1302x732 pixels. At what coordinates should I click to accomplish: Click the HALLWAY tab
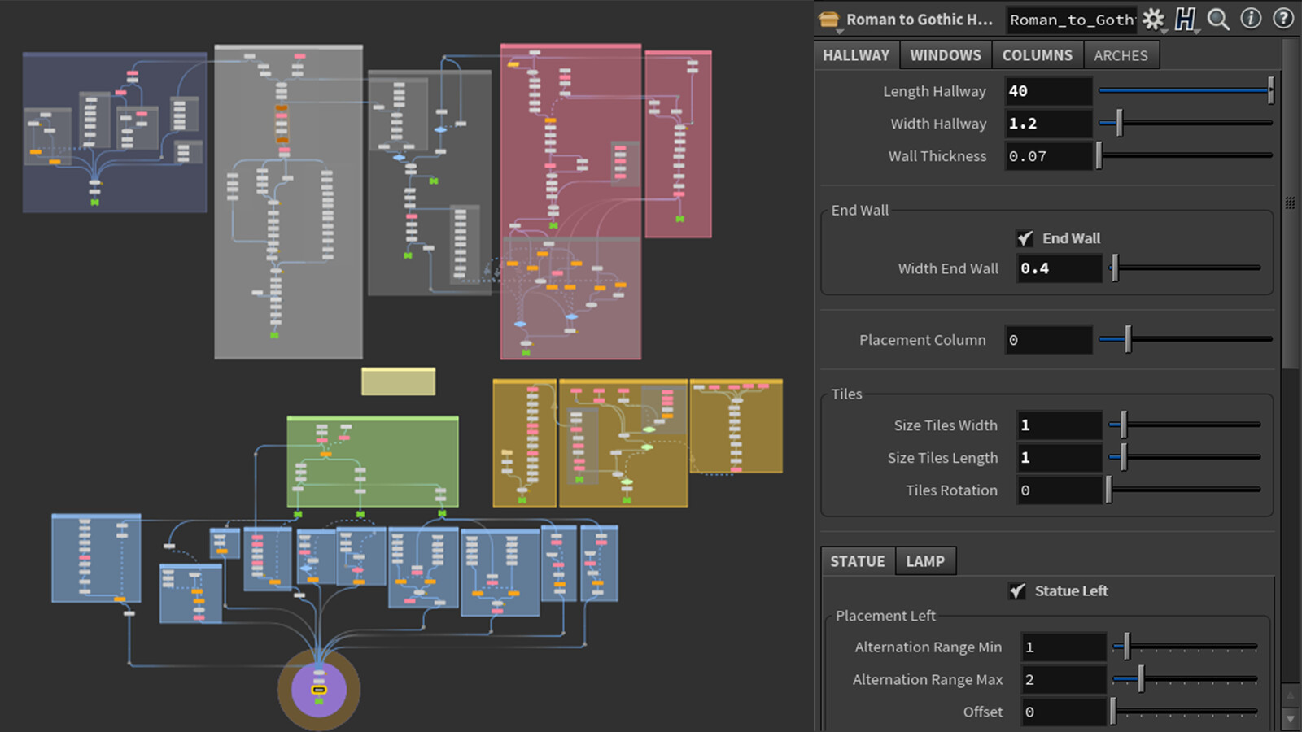click(856, 55)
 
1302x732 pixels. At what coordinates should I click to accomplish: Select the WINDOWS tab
click(945, 55)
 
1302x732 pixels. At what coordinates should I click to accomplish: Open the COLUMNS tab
click(1037, 55)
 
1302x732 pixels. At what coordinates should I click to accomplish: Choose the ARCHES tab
click(1121, 55)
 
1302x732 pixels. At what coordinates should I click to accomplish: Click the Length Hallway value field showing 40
click(1048, 91)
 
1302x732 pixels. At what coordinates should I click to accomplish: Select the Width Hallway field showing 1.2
click(1048, 124)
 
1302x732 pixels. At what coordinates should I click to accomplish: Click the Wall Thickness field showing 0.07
click(1048, 156)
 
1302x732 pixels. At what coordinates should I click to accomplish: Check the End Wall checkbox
click(1025, 238)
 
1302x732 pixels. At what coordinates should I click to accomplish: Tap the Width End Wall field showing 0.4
click(1059, 268)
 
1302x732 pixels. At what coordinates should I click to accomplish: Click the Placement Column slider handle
click(1128, 339)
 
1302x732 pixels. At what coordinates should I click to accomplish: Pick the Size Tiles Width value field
click(1059, 425)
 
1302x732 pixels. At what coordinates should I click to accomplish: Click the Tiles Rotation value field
click(1059, 490)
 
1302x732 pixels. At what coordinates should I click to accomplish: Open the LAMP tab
click(925, 561)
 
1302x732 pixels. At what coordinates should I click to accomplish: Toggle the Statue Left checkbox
click(1017, 590)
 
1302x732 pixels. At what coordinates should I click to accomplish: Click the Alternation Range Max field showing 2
click(1063, 680)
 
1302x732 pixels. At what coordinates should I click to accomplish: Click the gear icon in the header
click(1153, 20)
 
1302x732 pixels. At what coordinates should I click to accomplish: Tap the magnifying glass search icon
click(1218, 20)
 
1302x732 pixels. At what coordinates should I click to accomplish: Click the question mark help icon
click(1282, 19)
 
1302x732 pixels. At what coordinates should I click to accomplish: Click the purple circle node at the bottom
click(318, 690)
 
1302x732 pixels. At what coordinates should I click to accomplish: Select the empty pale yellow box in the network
click(398, 381)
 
